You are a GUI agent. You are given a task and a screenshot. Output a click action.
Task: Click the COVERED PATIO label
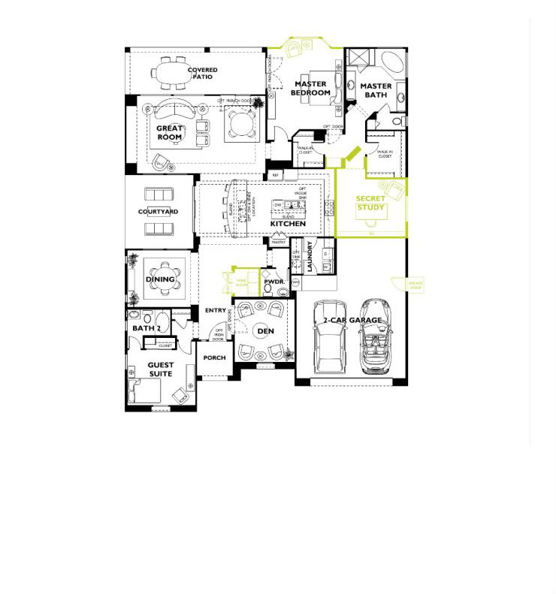click(202, 74)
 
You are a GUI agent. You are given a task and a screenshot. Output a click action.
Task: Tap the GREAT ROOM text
click(170, 133)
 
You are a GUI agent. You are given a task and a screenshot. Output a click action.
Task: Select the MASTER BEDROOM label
click(311, 89)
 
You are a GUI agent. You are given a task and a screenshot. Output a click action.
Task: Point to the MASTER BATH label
click(376, 91)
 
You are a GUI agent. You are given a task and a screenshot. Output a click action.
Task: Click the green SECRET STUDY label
click(370, 204)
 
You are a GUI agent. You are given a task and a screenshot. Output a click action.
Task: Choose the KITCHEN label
click(288, 224)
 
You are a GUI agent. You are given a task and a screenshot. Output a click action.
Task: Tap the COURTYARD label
click(159, 212)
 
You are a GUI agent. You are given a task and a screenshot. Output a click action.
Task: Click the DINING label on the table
click(160, 279)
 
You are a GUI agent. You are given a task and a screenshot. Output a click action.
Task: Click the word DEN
click(265, 330)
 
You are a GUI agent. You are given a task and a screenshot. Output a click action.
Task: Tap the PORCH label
click(214, 357)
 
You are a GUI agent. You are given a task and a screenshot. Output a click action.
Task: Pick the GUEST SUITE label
click(160, 369)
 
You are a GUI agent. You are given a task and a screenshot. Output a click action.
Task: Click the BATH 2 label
click(147, 328)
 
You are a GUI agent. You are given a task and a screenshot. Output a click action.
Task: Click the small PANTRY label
click(278, 243)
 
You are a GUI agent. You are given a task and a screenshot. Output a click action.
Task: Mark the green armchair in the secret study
click(391, 188)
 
